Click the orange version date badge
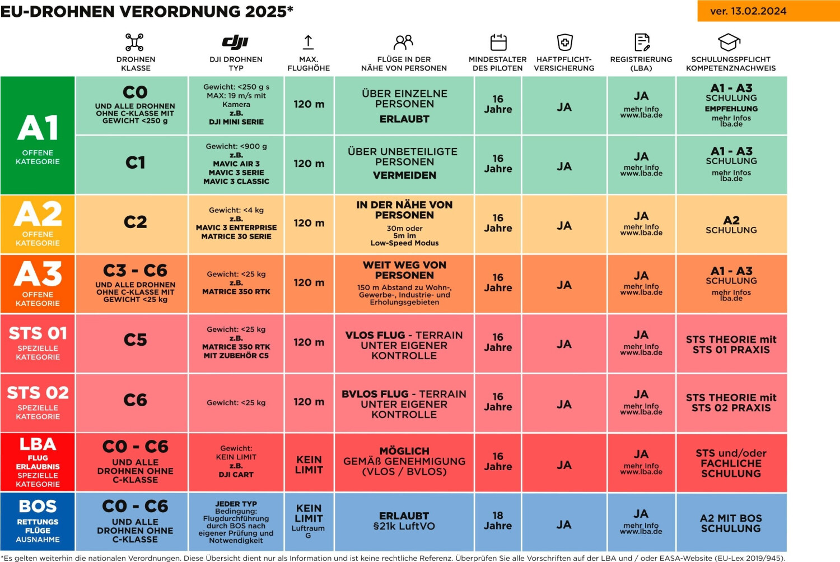(x=768, y=11)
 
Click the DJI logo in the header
(x=235, y=42)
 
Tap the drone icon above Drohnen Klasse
(x=134, y=42)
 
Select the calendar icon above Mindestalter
(x=498, y=42)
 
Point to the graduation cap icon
(x=729, y=42)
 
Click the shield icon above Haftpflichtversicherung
(x=564, y=42)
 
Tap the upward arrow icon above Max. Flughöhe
(x=308, y=42)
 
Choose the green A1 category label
(x=38, y=136)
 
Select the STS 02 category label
(x=38, y=402)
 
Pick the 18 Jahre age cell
(x=498, y=521)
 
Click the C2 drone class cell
(x=135, y=222)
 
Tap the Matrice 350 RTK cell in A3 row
(x=236, y=283)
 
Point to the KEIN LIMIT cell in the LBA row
(x=309, y=465)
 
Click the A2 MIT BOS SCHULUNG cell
(x=731, y=523)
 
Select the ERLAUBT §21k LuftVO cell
(x=404, y=521)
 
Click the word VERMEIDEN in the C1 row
(x=404, y=175)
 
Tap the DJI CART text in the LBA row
(x=236, y=475)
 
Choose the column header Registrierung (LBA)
(x=641, y=63)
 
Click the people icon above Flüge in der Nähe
(x=403, y=42)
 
